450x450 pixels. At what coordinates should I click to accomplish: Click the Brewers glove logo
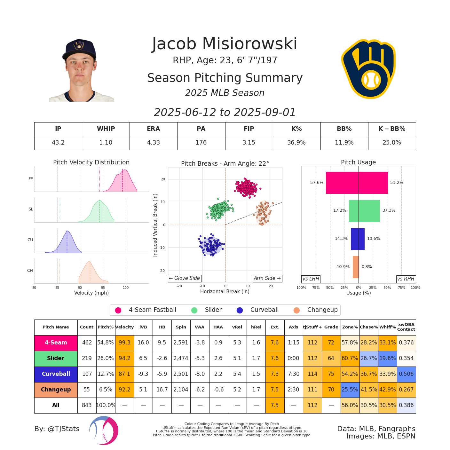(x=368, y=69)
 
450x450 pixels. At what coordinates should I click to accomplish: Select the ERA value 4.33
(x=153, y=143)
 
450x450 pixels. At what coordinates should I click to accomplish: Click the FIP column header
(x=249, y=129)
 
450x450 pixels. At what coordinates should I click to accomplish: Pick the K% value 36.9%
(x=296, y=143)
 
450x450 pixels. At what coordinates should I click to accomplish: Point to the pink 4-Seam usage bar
(x=357, y=183)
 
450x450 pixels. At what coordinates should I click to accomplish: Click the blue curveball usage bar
(x=358, y=239)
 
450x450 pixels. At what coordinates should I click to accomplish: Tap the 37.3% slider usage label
(x=389, y=210)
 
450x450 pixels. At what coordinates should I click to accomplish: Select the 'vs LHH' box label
(x=311, y=279)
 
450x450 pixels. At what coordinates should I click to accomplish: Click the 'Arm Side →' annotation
(x=267, y=278)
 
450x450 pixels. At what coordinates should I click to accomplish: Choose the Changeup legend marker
(x=296, y=310)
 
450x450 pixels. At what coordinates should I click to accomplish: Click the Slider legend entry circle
(x=194, y=310)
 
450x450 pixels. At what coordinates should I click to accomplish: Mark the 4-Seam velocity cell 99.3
(x=124, y=343)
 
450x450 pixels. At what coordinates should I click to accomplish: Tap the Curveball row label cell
(x=56, y=374)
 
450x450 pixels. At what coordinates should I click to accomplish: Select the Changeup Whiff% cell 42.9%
(x=387, y=390)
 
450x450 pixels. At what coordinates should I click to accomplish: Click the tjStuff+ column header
(x=312, y=327)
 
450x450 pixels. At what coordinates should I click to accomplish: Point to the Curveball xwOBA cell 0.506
(x=406, y=374)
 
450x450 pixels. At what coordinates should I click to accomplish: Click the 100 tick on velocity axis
(x=126, y=288)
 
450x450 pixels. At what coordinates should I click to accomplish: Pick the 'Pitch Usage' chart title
(x=358, y=162)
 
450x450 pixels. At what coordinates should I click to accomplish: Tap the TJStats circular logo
(x=104, y=430)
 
